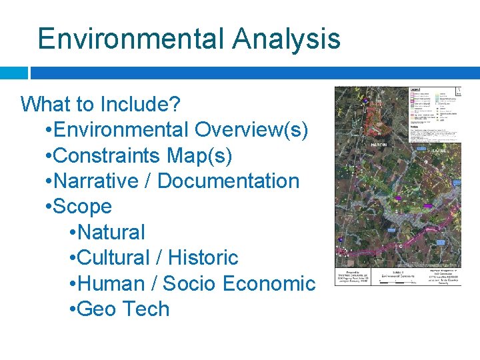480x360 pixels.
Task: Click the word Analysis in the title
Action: point(286,39)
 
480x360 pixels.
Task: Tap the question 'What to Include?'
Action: point(101,104)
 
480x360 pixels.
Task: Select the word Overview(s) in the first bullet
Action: point(251,129)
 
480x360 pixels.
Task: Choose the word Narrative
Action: point(95,181)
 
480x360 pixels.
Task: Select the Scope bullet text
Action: point(82,207)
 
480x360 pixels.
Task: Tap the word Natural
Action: point(111,232)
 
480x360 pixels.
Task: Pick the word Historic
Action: point(203,257)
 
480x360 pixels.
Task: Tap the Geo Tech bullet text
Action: point(123,309)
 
